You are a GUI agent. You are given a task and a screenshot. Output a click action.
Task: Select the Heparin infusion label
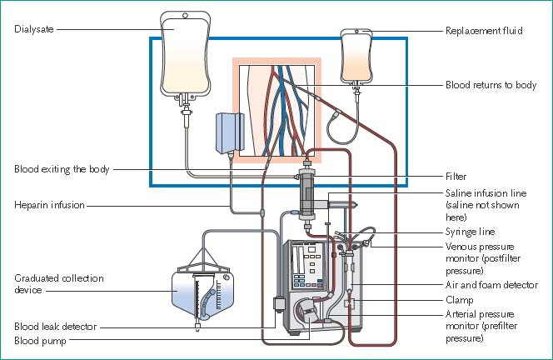(x=48, y=204)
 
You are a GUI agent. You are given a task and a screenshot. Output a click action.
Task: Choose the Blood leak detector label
(x=55, y=326)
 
